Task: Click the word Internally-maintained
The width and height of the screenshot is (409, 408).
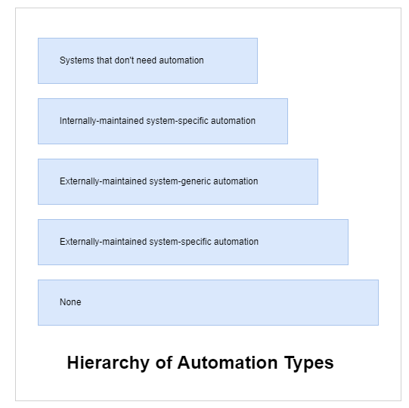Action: [102, 121]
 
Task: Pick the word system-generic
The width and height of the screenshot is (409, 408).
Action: [180, 181]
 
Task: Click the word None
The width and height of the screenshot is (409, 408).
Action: [70, 302]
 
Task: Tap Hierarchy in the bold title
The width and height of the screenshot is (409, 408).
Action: [108, 363]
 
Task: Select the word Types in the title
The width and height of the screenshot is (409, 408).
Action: [308, 363]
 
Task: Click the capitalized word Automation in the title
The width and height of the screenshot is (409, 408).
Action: [228, 363]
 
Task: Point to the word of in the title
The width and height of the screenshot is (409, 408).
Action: [164, 363]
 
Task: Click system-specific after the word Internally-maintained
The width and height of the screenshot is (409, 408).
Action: [178, 121]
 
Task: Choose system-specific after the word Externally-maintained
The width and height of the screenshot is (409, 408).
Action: [180, 242]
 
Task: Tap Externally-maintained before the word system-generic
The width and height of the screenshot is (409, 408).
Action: [104, 181]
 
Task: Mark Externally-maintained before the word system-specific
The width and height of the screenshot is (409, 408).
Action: [104, 242]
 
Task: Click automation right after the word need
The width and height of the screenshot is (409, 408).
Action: [181, 60]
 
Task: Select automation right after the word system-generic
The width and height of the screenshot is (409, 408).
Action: [236, 181]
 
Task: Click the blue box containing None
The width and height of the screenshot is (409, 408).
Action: [208, 302]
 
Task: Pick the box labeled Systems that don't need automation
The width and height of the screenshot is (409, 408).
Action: [147, 60]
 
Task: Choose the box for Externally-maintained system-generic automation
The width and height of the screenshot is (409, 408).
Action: [178, 181]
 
